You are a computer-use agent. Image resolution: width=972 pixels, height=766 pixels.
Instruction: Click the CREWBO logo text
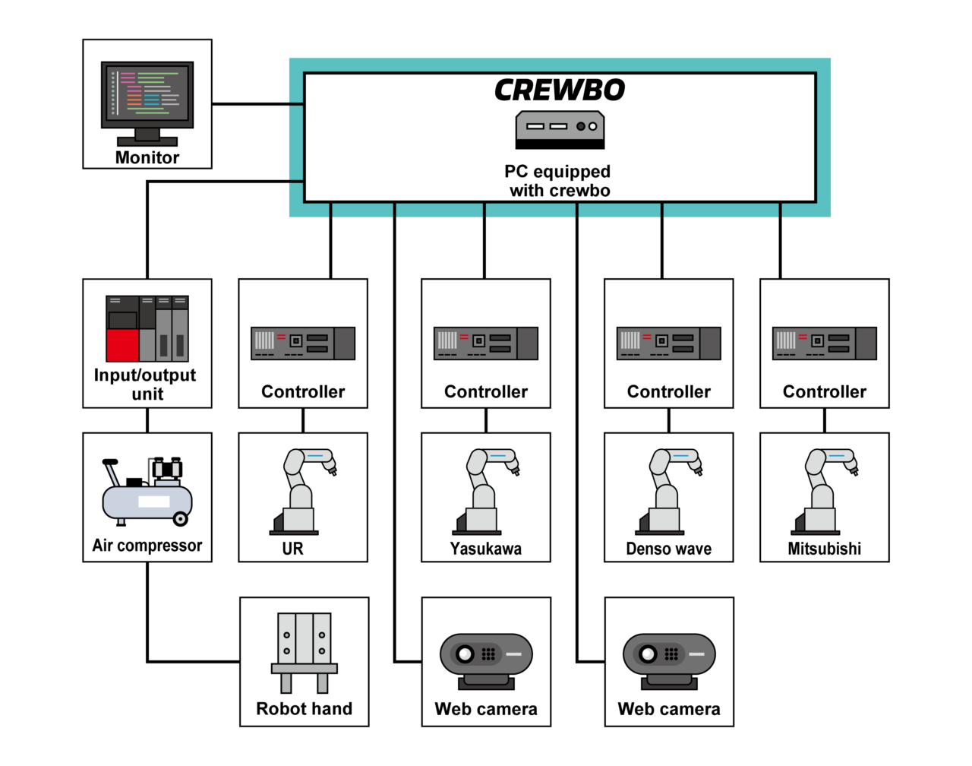(x=560, y=90)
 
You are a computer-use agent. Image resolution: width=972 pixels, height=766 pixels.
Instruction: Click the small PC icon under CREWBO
(x=560, y=129)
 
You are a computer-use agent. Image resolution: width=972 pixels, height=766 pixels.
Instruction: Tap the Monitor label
(x=147, y=157)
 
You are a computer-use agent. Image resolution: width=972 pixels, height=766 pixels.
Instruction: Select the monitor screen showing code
(x=147, y=93)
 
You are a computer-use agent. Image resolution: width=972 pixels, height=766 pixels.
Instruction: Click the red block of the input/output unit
(x=121, y=345)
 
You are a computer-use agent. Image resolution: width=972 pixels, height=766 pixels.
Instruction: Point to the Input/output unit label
(x=146, y=384)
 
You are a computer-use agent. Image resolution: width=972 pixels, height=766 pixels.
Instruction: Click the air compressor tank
(x=147, y=502)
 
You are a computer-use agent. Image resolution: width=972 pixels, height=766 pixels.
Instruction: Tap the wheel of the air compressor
(x=181, y=519)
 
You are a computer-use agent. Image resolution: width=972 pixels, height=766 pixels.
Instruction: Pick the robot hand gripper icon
(x=304, y=652)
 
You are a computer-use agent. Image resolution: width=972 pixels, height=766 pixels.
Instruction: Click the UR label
(x=292, y=549)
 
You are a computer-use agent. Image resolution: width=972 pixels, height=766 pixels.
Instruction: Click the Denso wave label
(x=668, y=549)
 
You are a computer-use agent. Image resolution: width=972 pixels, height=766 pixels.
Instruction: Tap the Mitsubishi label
(x=824, y=549)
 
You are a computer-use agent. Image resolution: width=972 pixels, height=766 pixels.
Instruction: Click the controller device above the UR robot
(x=303, y=343)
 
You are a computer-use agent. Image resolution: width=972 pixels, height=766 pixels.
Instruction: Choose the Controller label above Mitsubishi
(x=824, y=391)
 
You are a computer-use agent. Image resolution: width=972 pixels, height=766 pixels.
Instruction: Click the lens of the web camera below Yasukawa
(x=465, y=654)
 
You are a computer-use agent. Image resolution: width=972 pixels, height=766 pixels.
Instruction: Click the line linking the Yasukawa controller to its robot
(x=486, y=420)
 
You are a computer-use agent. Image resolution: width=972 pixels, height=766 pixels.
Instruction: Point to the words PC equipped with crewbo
(x=559, y=181)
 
